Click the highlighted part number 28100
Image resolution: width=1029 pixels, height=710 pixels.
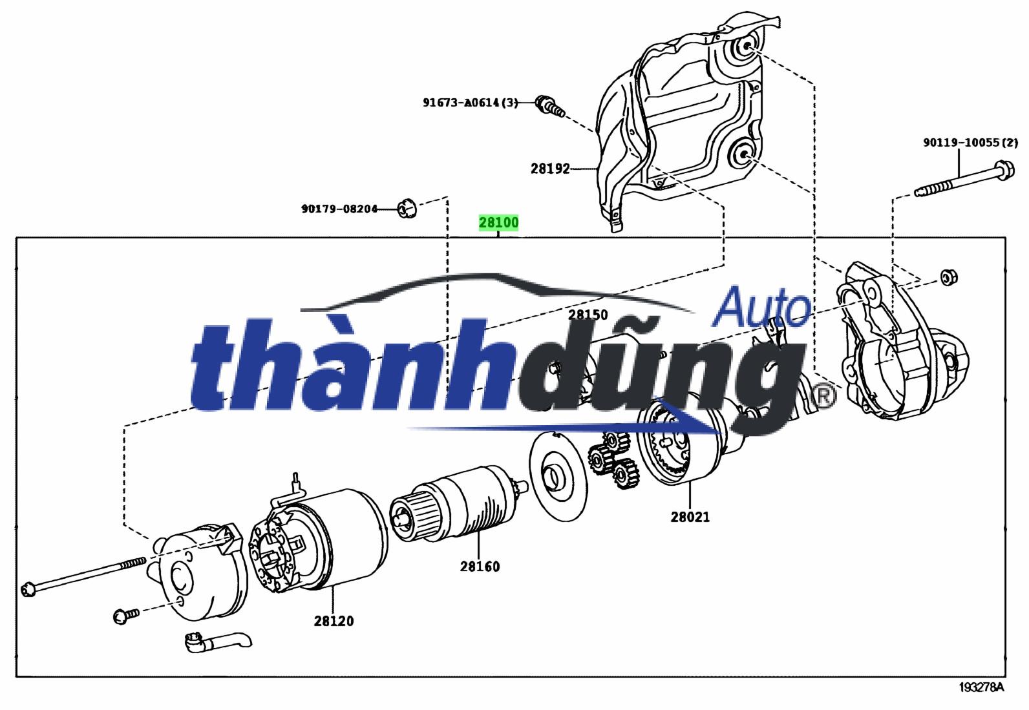498,223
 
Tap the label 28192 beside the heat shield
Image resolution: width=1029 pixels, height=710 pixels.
550,169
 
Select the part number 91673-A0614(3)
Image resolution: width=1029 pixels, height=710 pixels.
471,102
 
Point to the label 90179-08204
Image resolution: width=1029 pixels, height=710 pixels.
339,209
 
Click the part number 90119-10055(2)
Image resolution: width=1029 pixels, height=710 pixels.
970,143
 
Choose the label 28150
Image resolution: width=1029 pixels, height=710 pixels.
588,315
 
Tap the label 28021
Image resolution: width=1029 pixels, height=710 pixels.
690,517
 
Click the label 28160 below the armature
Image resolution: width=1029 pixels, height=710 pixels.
480,567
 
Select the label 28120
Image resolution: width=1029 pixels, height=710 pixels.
334,621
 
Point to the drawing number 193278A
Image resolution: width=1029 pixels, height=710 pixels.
981,687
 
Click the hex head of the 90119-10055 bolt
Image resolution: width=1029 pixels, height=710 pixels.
1004,172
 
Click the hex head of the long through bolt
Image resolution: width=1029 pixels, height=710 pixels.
27,589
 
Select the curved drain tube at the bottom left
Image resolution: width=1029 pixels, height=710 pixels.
217,642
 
